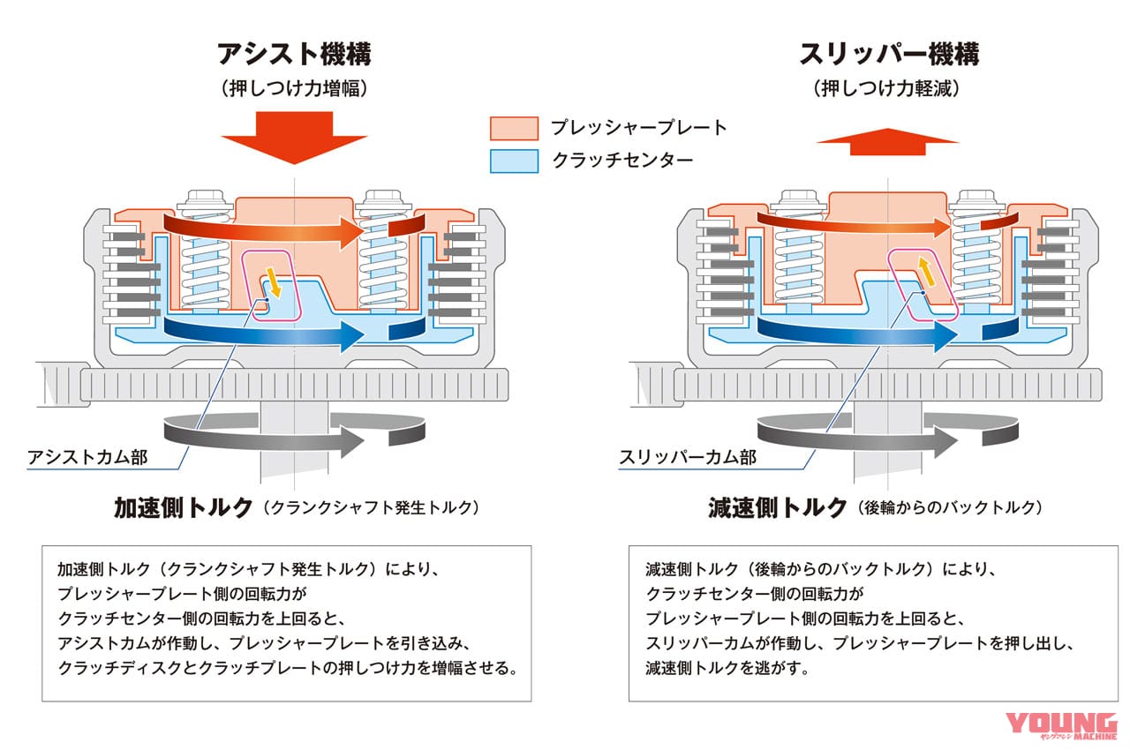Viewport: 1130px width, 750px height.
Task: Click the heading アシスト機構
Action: pos(294,54)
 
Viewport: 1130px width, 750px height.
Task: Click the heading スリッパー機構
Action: pos(889,54)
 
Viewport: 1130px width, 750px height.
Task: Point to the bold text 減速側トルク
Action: pos(777,508)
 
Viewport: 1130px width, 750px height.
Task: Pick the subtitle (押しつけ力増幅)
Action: pos(294,89)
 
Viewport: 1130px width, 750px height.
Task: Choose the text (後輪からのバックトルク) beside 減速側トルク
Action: pos(949,509)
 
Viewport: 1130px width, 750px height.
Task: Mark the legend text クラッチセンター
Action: pos(621,161)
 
